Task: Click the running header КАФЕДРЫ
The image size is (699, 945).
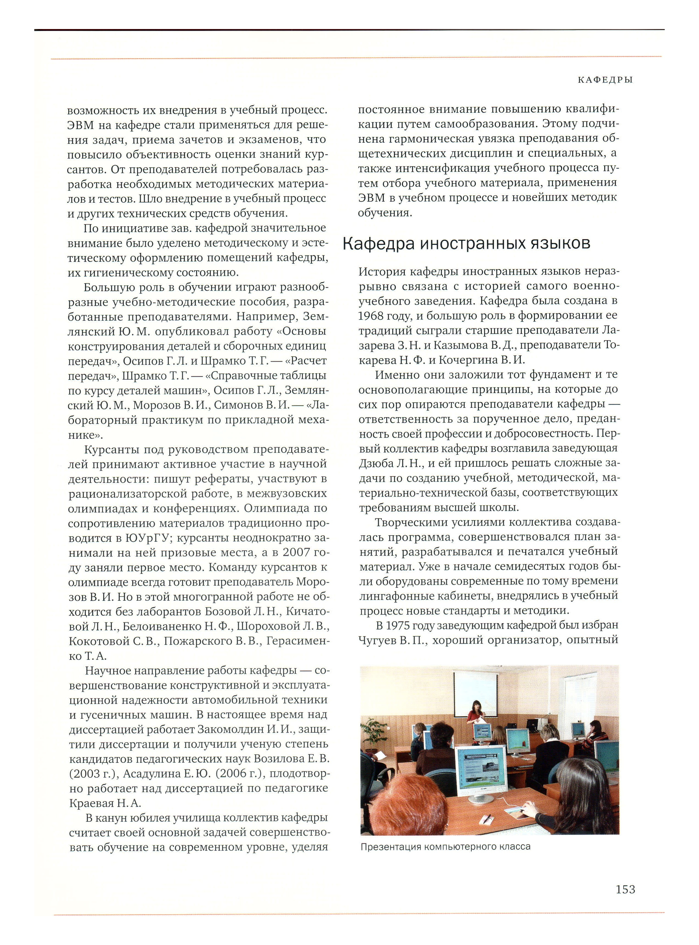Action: tap(605, 79)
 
